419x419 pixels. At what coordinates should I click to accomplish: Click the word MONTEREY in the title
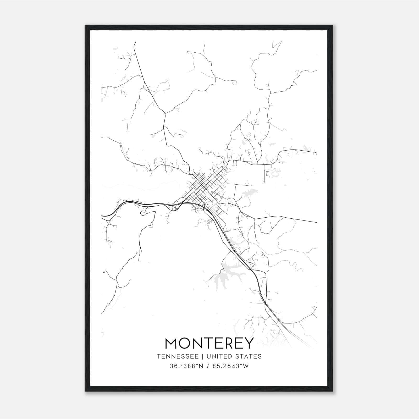click(x=210, y=343)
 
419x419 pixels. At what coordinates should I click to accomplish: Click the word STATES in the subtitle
click(x=251, y=356)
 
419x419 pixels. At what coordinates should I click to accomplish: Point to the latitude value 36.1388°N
click(x=187, y=366)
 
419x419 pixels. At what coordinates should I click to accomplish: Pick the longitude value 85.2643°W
click(x=230, y=366)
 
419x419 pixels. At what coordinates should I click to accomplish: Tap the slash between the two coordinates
click(x=208, y=366)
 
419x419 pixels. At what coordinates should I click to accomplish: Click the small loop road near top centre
click(x=234, y=83)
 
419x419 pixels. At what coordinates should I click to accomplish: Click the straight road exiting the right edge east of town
click(x=301, y=220)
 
